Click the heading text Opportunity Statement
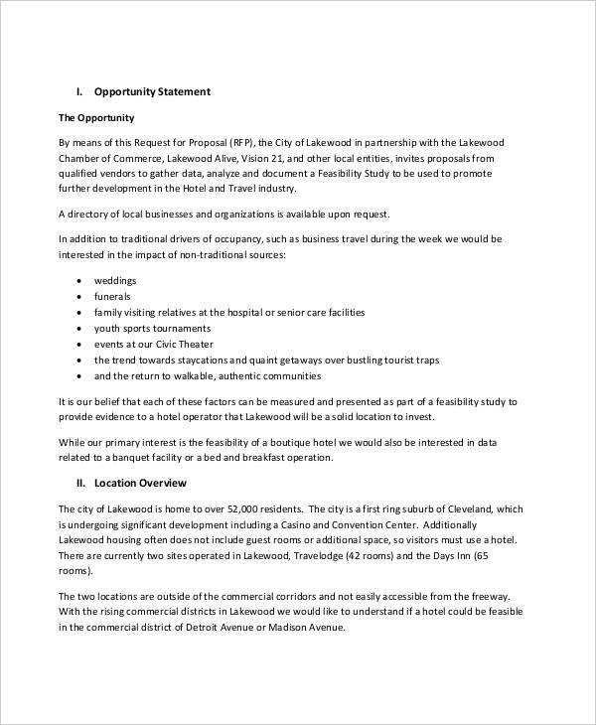[152, 92]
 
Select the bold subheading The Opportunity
[97, 118]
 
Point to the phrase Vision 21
[274, 158]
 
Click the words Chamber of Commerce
[105, 158]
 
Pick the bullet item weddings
[117, 281]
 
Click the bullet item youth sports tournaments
[152, 328]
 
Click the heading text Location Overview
[140, 483]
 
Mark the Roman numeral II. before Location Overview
[82, 483]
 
